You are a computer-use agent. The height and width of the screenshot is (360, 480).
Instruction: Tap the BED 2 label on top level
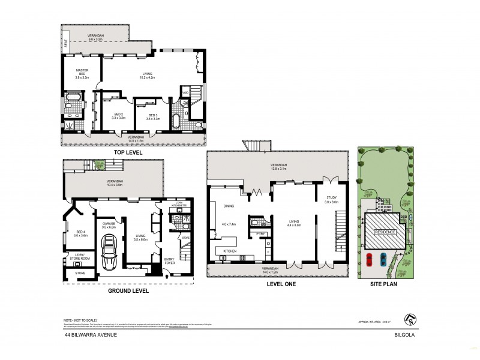click(118, 116)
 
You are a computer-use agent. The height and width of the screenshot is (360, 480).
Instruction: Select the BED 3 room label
click(153, 116)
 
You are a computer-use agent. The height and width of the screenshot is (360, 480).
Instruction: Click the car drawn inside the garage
click(110, 253)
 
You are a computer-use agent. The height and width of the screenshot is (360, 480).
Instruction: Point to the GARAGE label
click(108, 224)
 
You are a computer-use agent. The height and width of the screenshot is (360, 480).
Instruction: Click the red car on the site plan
click(369, 260)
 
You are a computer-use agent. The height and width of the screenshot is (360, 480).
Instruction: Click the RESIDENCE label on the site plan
click(385, 232)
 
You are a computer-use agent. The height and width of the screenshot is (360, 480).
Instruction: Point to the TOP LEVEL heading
click(127, 152)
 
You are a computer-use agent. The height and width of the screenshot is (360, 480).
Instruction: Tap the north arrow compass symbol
click(409, 319)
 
